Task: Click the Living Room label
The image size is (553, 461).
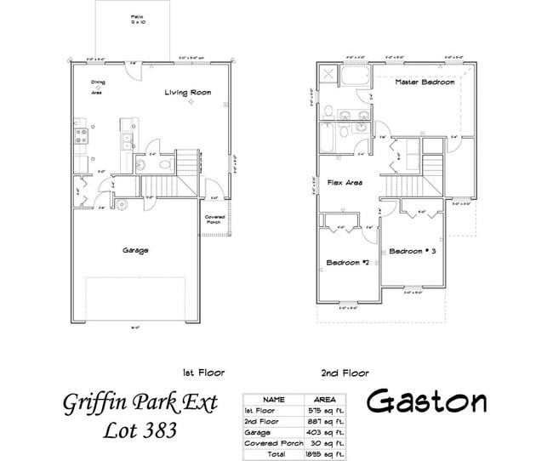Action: tap(188, 92)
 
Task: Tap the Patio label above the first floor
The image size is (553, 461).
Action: tap(136, 20)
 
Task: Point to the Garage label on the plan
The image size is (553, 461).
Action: tap(135, 251)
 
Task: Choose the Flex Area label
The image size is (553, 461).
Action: tap(344, 183)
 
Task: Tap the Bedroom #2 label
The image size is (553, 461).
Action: tap(345, 263)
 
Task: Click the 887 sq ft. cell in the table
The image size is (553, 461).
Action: tap(327, 420)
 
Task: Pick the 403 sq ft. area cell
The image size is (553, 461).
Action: tap(327, 431)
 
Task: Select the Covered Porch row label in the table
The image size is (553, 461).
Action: tap(273, 443)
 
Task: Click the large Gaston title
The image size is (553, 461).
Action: tap(429, 401)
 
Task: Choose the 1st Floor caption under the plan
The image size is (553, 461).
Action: tap(202, 373)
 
